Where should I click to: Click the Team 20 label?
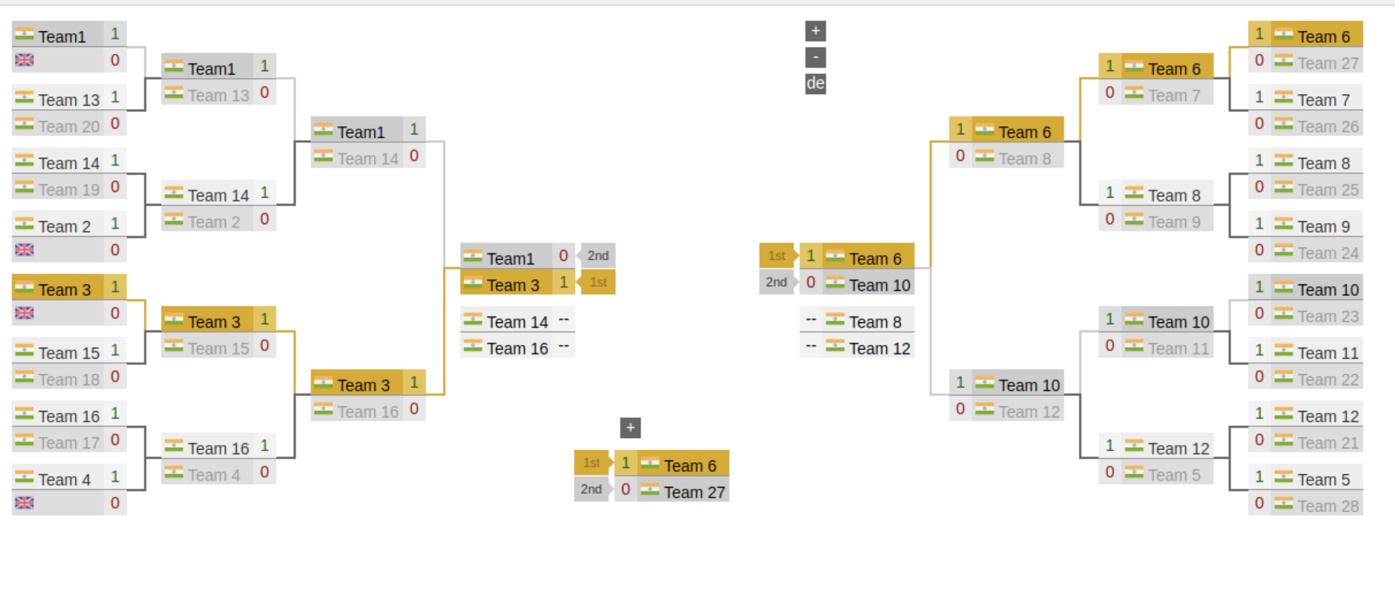tap(68, 127)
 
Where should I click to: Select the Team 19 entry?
tap(68, 190)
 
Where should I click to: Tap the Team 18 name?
tap(68, 380)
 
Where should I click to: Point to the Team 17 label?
tap(68, 443)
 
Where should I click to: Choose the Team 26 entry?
tap(1327, 127)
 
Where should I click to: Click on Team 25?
tap(1327, 190)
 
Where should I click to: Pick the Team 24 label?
tap(1327, 253)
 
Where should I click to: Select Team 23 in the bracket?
tap(1327, 316)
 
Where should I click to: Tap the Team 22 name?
tap(1327, 380)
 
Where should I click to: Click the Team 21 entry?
tap(1327, 443)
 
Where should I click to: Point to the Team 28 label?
tap(1327, 506)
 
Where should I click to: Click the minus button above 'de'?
tap(815, 58)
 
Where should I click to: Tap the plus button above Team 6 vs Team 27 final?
tap(630, 428)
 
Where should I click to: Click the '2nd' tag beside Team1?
tap(597, 256)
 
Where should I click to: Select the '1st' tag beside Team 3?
tap(597, 282)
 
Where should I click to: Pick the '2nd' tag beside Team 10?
tap(776, 282)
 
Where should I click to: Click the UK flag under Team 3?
tap(25, 313)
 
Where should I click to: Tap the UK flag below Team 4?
tap(25, 503)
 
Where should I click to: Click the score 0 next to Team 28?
tap(1259, 503)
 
